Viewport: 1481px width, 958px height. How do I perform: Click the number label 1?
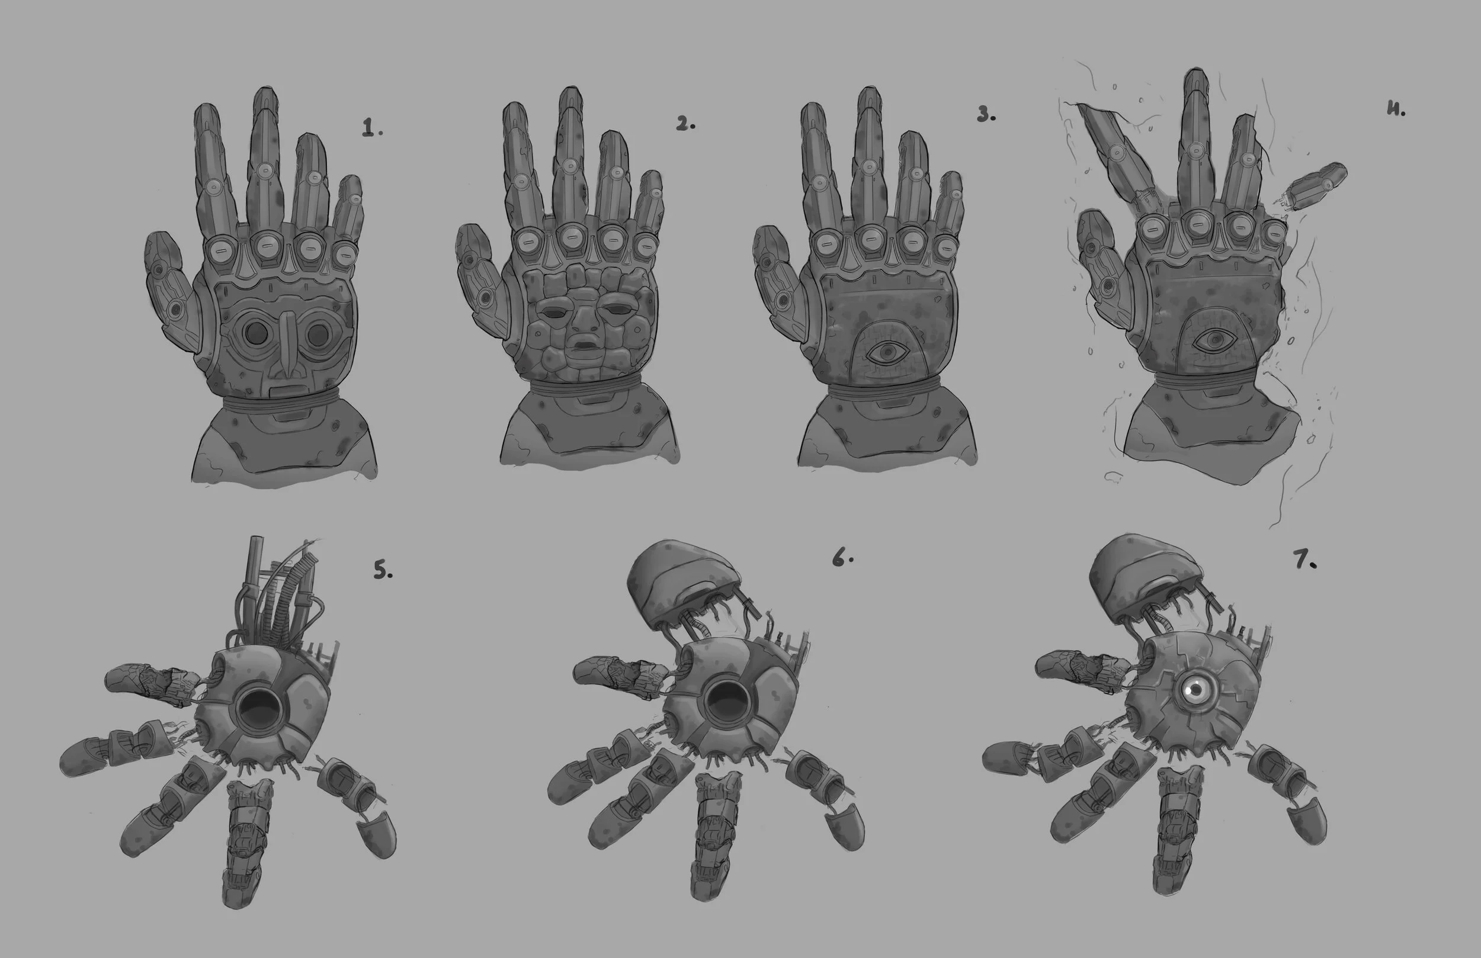pyautogui.click(x=371, y=128)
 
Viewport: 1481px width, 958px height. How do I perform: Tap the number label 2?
pyautogui.click(x=685, y=124)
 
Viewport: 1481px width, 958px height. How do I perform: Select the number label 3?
pyautogui.click(x=986, y=114)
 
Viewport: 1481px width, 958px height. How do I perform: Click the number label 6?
pyautogui.click(x=842, y=560)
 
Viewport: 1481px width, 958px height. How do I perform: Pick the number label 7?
pyautogui.click(x=1305, y=562)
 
